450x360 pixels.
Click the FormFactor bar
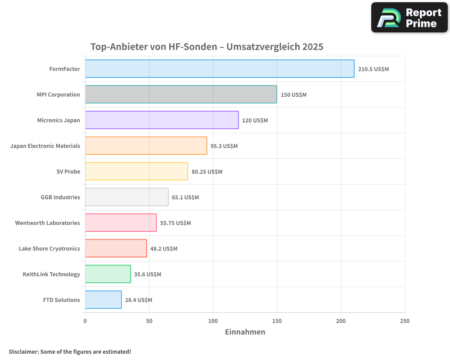coord(220,69)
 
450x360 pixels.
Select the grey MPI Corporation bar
coord(181,94)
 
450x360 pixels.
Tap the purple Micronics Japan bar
coord(162,120)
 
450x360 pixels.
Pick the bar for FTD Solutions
coord(103,300)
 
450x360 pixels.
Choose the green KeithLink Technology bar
coord(108,274)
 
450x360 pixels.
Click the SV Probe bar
coord(136,171)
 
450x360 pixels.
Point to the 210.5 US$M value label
coord(373,69)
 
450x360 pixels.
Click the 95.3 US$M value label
coord(224,146)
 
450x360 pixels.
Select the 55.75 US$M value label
coord(175,223)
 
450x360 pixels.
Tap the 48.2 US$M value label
coord(164,249)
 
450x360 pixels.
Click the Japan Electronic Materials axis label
coord(45,146)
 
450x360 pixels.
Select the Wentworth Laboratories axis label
coord(47,223)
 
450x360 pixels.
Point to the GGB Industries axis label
coord(60,197)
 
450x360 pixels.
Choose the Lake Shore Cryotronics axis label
coord(49,248)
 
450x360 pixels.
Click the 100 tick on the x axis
coord(213,321)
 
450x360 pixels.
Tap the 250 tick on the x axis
coord(405,321)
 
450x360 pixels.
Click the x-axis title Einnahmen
coord(245,332)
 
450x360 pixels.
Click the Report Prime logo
coord(409,18)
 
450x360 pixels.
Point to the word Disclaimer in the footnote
coord(23,352)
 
